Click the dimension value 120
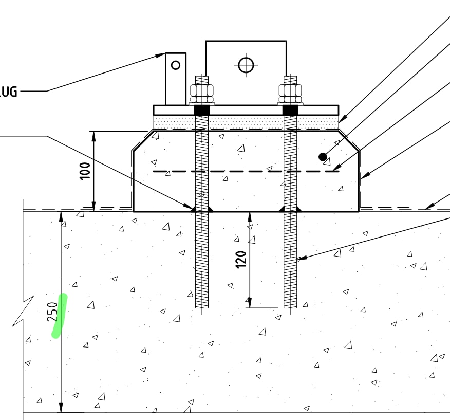241,259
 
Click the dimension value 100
85,170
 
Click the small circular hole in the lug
176,65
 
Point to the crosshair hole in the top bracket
246,65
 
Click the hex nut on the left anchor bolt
201,93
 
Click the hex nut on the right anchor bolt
290,93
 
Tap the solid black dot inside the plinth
323,156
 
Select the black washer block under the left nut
202,110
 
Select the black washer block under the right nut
290,110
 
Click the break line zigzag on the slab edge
23,311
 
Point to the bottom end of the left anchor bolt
202,306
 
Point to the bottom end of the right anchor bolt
290,306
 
